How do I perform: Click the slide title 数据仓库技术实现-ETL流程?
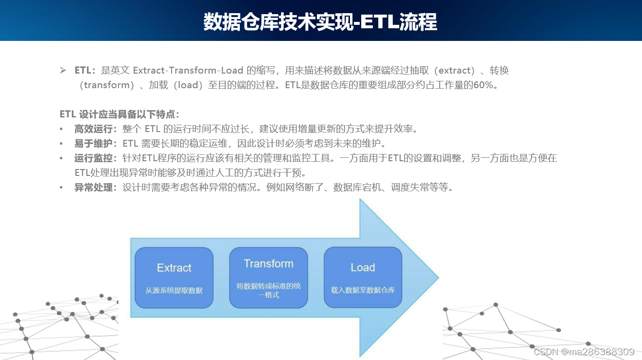[320, 21]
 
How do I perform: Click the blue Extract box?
[174, 278]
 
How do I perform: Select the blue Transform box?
[269, 278]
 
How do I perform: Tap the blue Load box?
[363, 278]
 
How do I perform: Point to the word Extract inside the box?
[174, 267]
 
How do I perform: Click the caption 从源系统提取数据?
[174, 290]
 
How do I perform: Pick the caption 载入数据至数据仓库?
[363, 290]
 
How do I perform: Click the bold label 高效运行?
[94, 129]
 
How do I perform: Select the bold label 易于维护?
[94, 144]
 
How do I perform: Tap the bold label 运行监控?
[94, 158]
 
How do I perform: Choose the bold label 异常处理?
[94, 188]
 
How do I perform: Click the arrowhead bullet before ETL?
[63, 71]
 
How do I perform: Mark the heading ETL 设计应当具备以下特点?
[119, 114]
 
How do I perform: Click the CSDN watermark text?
[584, 352]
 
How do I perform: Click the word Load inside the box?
[363, 267]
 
